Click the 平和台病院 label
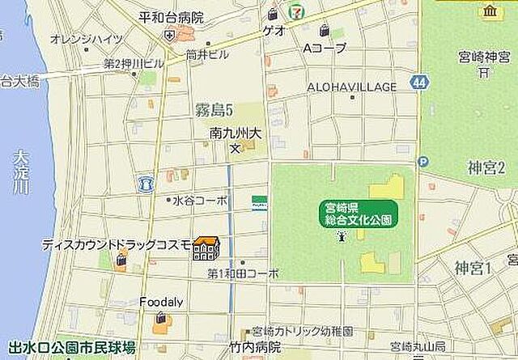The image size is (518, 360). pyautogui.click(x=171, y=16)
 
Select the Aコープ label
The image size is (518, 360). pyautogui.click(x=324, y=49)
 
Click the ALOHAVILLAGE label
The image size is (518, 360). pyautogui.click(x=352, y=87)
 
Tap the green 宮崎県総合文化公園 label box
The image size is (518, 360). pyautogui.click(x=357, y=214)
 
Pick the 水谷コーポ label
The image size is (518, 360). pyautogui.click(x=199, y=199)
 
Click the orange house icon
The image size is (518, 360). pyautogui.click(x=207, y=248)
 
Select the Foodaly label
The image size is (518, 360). pyautogui.click(x=161, y=302)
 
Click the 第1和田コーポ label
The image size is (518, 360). pyautogui.click(x=243, y=273)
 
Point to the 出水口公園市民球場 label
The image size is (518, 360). pyautogui.click(x=71, y=349)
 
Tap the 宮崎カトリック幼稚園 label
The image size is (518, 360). pyautogui.click(x=302, y=332)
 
